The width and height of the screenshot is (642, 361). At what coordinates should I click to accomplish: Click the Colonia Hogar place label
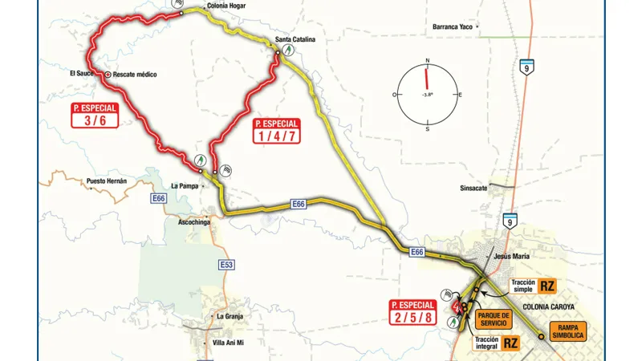(x=226, y=6)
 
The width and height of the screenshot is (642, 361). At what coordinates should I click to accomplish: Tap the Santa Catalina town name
(x=295, y=39)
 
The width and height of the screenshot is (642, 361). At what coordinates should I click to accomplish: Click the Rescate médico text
(x=134, y=75)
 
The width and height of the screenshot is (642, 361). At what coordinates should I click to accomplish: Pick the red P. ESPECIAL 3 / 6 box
(x=95, y=115)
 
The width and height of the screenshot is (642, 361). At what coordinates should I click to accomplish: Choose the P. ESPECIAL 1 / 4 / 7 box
(x=276, y=130)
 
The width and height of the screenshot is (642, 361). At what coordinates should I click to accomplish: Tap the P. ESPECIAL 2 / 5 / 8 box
(x=412, y=311)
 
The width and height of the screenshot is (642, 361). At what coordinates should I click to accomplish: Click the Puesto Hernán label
(x=106, y=181)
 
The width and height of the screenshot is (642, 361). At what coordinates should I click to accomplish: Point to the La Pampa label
(x=184, y=185)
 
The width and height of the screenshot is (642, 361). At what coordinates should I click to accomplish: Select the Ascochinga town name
(x=187, y=221)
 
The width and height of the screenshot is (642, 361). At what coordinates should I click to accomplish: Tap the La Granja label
(x=230, y=316)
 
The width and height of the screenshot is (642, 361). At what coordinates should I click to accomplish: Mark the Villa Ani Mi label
(x=228, y=343)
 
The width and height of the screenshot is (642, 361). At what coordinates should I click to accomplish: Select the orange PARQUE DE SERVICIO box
(x=493, y=318)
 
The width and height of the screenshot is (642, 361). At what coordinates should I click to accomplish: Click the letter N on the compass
(x=428, y=61)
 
